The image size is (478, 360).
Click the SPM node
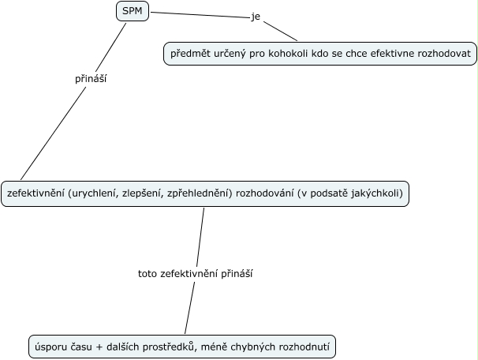(132, 11)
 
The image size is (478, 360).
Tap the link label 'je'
(255, 17)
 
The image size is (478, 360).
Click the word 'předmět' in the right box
(192, 54)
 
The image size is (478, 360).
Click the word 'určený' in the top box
(232, 54)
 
